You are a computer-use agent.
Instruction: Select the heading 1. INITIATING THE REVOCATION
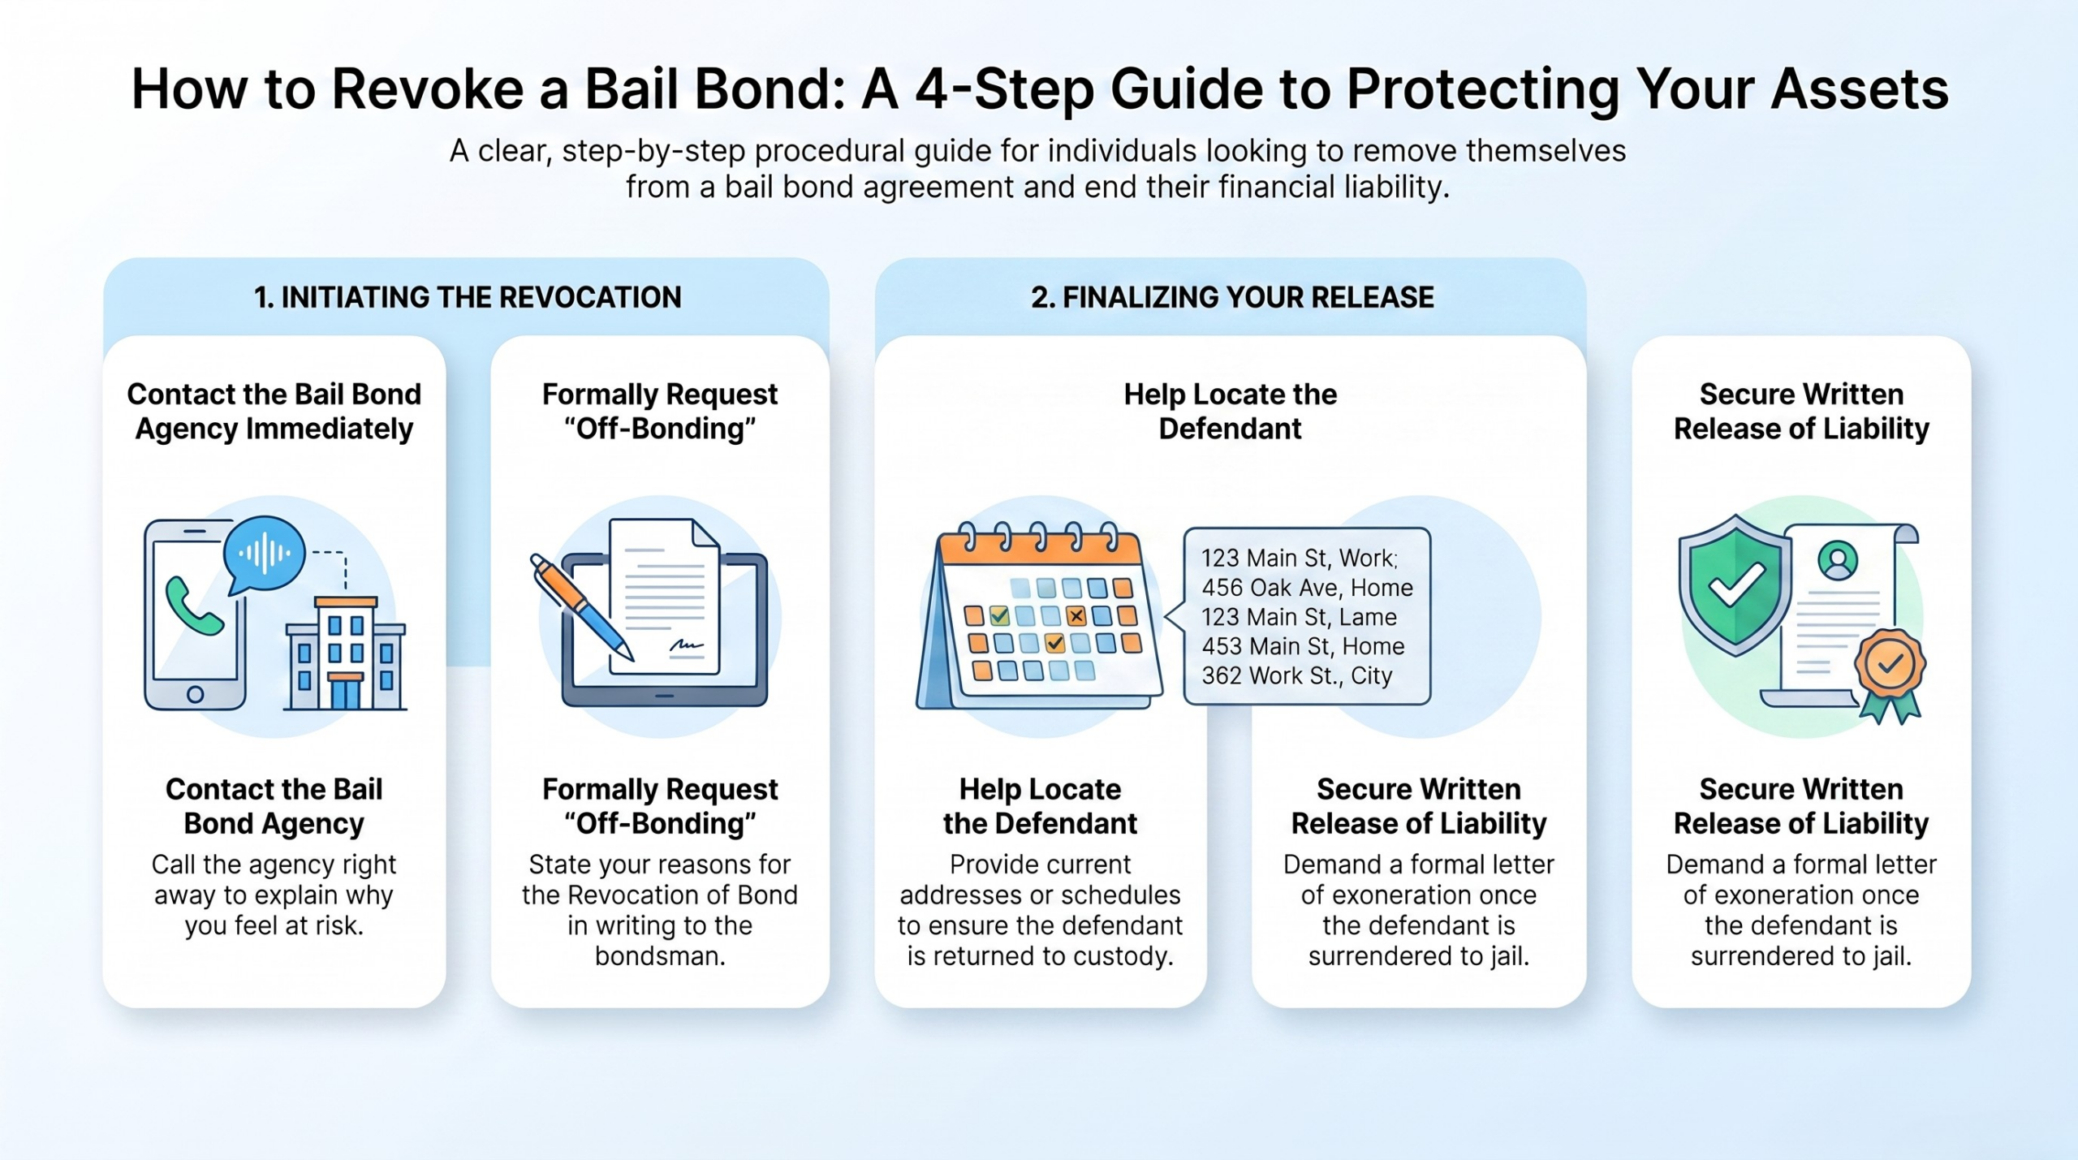[x=468, y=297]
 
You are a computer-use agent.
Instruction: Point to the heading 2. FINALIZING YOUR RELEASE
[x=1232, y=297]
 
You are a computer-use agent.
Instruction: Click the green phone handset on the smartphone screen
[x=194, y=606]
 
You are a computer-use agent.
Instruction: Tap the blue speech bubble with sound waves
[x=264, y=555]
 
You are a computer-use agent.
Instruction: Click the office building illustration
[x=345, y=653]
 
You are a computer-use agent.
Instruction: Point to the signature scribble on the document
[x=686, y=645]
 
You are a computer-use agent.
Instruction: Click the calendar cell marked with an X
[x=1076, y=616]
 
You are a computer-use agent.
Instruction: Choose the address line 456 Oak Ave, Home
[x=1307, y=588]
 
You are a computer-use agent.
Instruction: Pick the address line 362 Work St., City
[x=1296, y=675]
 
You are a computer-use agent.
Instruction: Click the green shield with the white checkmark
[x=1735, y=584]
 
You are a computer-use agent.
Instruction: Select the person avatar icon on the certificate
[x=1838, y=560]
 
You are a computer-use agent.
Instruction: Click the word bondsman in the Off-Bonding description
[x=660, y=956]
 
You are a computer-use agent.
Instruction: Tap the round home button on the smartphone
[x=195, y=695]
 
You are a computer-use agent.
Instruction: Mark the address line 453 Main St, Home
[x=1303, y=646]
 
